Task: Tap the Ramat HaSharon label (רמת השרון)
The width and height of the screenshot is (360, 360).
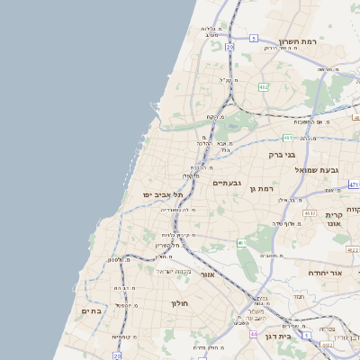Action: [x=301, y=41]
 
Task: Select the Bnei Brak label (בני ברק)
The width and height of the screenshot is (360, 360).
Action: [x=283, y=154]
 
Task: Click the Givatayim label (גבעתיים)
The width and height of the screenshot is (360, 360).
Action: [x=225, y=183]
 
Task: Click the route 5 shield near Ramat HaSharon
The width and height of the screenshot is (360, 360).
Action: [x=255, y=38]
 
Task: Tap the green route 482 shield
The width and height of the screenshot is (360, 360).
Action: [x=263, y=86]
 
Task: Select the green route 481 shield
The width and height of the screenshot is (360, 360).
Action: [x=287, y=138]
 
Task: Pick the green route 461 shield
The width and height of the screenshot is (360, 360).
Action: [x=241, y=243]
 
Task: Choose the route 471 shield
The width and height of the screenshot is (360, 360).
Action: [x=354, y=184]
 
